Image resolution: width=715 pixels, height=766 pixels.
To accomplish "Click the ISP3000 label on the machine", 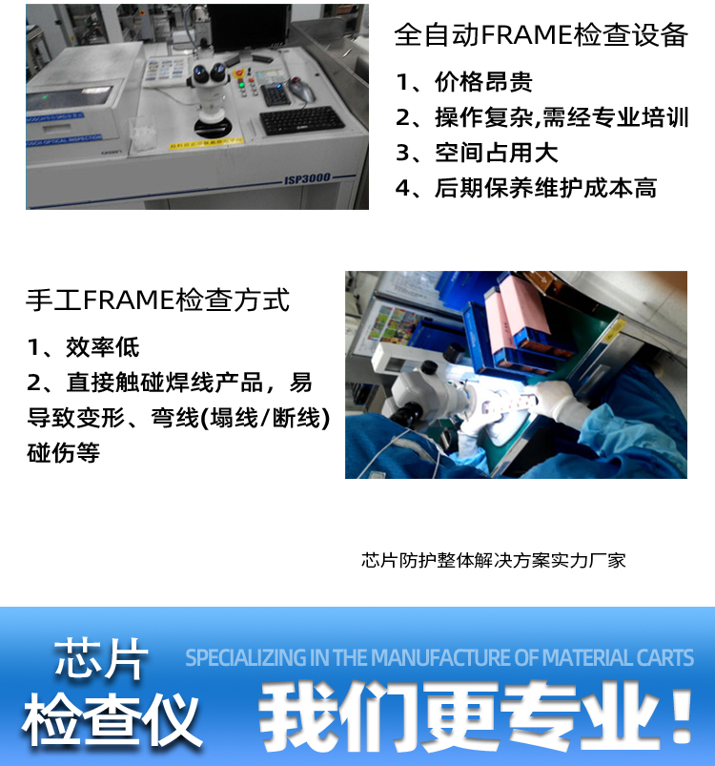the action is click(307, 178).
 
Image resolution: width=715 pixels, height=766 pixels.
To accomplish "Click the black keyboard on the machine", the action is click(301, 120).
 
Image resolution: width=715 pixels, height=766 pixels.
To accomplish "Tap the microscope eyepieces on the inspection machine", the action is click(211, 73).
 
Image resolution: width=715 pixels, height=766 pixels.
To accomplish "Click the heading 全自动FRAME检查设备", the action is click(541, 34).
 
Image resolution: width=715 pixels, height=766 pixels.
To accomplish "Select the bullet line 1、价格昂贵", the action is click(463, 82).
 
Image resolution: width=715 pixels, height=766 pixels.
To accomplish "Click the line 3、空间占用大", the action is click(477, 153).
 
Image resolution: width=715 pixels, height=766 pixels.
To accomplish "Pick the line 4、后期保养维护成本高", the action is click(525, 188).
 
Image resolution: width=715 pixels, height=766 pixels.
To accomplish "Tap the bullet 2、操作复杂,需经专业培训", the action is click(541, 117).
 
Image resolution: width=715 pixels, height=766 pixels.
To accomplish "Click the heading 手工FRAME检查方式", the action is click(157, 300).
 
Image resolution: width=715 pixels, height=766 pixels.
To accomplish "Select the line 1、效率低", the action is click(83, 347).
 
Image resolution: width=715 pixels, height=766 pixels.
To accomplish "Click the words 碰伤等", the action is click(64, 452).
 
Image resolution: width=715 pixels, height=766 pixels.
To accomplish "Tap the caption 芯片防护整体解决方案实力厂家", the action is click(494, 560).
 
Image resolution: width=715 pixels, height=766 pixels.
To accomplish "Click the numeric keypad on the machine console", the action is click(276, 93).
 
